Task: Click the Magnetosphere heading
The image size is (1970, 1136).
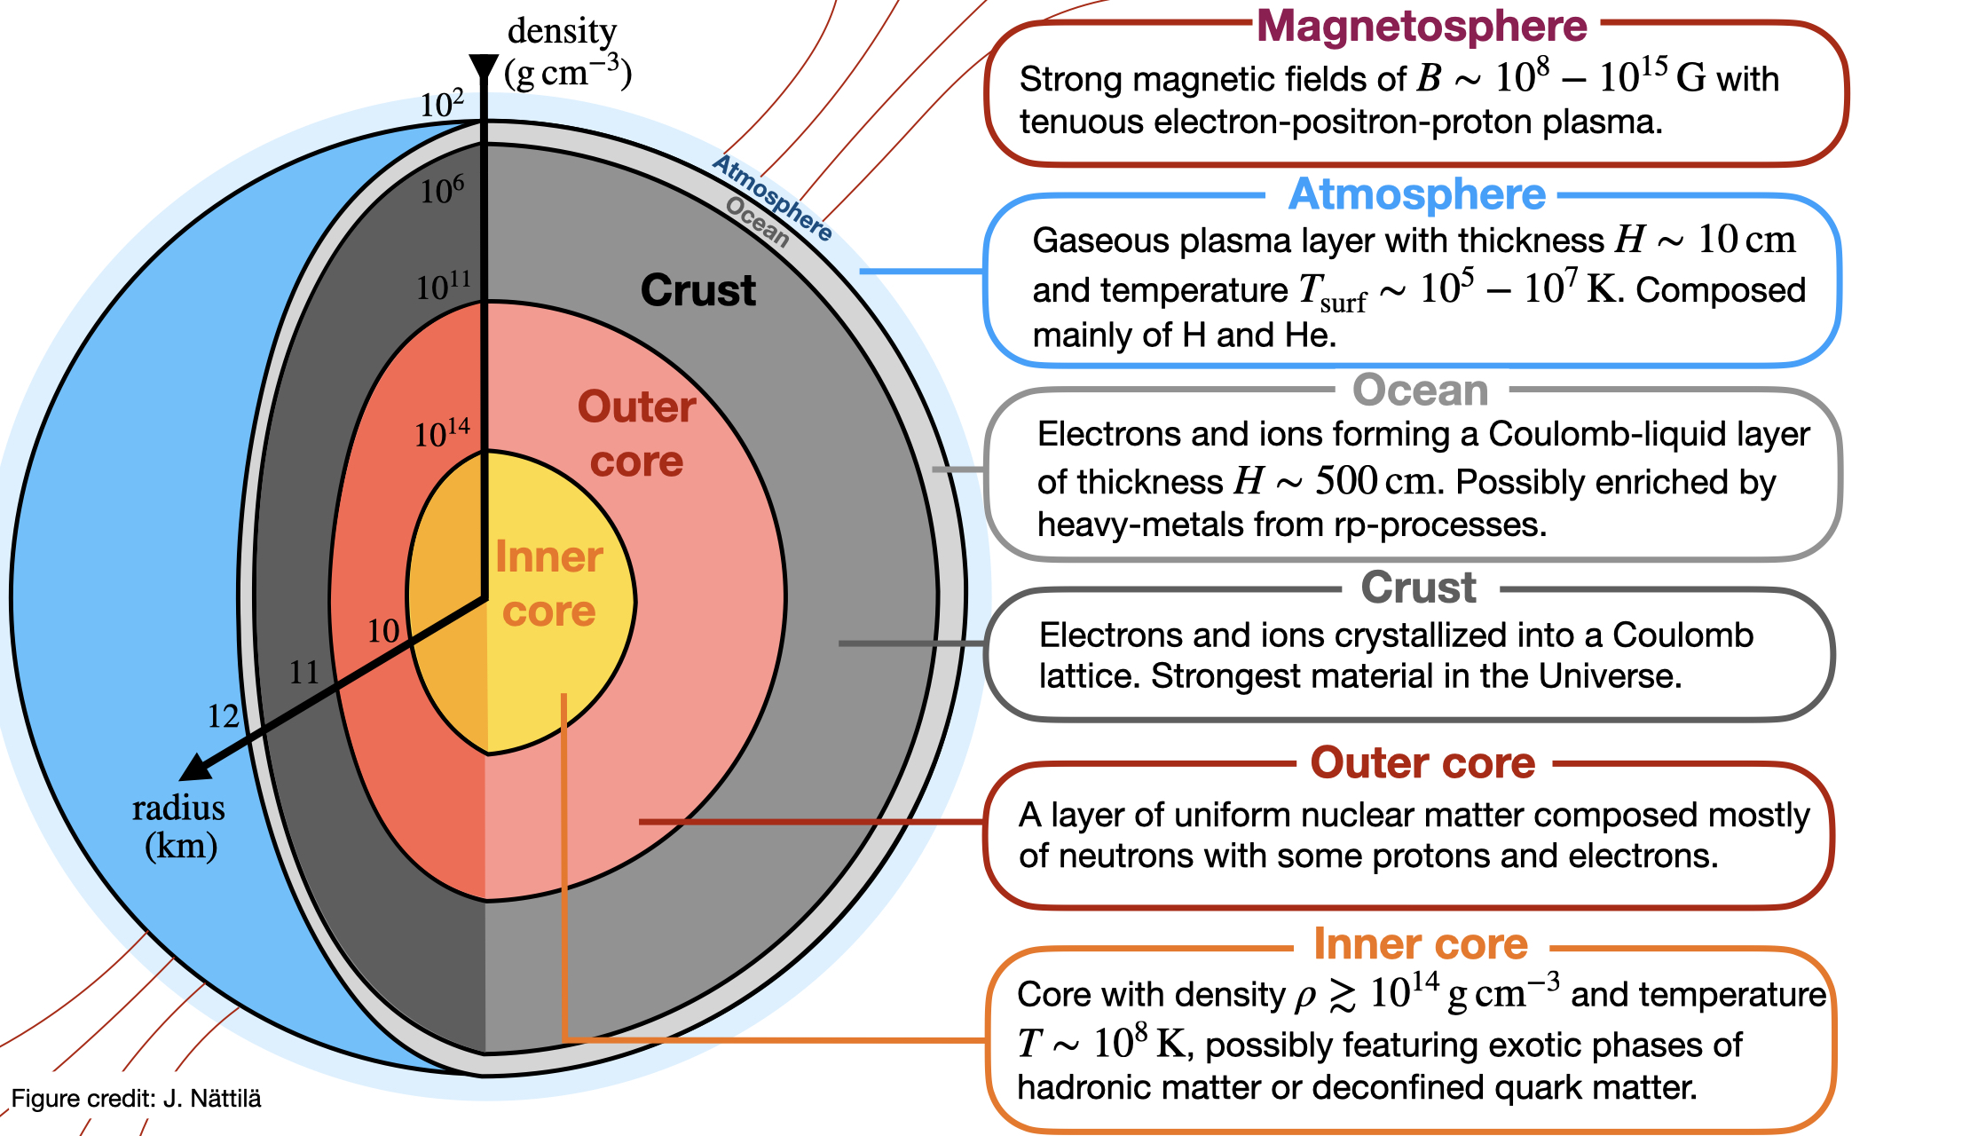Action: coord(1422,27)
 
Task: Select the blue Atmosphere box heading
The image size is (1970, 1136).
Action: coord(1416,194)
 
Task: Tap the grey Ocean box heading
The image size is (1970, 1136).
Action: coord(1420,390)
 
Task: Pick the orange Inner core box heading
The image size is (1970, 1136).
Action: coord(1420,943)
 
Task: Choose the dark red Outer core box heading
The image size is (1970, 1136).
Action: coord(1422,763)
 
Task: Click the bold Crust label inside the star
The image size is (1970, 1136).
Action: coord(698,290)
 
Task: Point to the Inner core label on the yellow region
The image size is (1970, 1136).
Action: coord(549,584)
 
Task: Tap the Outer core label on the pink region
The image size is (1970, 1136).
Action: coord(637,434)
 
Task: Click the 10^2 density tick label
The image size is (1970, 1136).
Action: coord(442,104)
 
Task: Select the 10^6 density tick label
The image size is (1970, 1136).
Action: coord(442,190)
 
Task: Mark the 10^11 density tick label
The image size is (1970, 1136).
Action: coord(443,286)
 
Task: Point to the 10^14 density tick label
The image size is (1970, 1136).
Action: coord(442,433)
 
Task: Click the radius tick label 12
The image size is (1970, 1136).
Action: coord(223,716)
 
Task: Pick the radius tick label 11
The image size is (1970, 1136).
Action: coord(303,673)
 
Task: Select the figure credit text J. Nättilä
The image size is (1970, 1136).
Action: coord(137,1099)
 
